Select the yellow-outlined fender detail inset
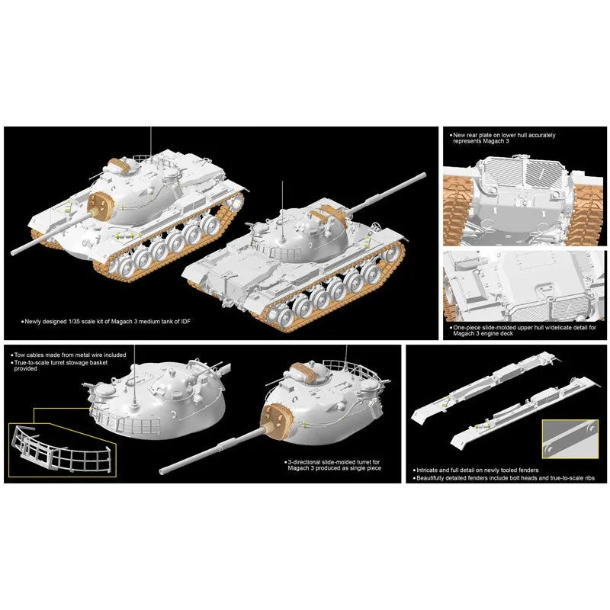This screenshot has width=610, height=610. coord(570,439)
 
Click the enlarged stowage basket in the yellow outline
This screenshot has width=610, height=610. coord(63,451)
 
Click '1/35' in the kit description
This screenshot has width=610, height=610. coord(73,322)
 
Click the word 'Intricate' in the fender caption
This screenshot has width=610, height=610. coord(427,470)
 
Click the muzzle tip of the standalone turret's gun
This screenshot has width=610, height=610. coord(162,470)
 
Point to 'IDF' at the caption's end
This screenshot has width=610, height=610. coord(186,322)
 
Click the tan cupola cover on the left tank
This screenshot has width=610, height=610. coord(120,165)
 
